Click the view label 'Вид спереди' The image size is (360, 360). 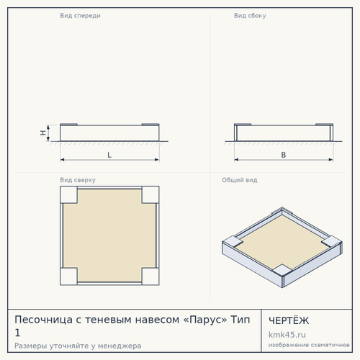(x=80, y=16)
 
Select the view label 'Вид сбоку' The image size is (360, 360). (x=250, y=16)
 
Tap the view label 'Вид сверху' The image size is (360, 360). (x=78, y=180)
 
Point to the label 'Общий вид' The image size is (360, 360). (x=240, y=180)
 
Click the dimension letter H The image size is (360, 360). (x=43, y=132)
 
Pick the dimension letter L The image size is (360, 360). (x=109, y=155)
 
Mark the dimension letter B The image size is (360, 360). (x=284, y=155)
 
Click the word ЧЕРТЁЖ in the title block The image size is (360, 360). (x=289, y=320)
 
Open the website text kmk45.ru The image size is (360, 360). (x=287, y=335)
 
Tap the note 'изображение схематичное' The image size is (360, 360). (x=309, y=345)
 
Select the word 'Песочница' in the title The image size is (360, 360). (x=43, y=320)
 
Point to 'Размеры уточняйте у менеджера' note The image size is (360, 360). (x=78, y=346)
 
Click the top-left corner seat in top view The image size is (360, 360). (x=68, y=194)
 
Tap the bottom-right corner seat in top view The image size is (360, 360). (x=150, y=276)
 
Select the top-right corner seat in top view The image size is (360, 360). (x=150, y=194)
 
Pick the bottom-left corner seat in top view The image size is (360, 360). (x=68, y=276)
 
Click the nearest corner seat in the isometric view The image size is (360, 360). (x=282, y=271)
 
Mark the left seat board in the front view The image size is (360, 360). (x=68, y=125)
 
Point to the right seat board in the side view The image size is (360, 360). (x=325, y=125)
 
